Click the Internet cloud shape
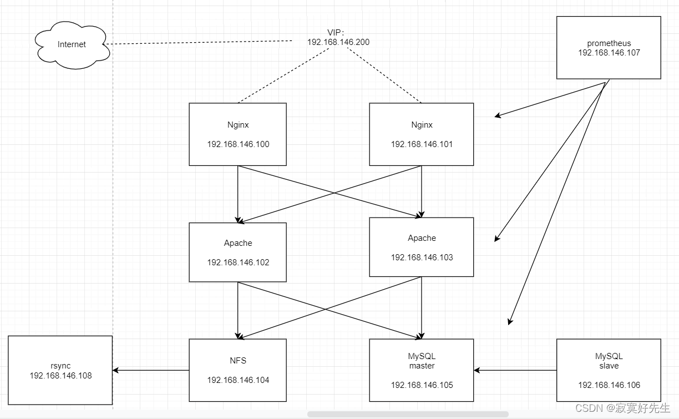tap(72, 45)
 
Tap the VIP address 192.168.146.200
tap(338, 42)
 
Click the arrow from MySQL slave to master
tap(515, 370)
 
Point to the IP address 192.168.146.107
tap(609, 53)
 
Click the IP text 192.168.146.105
tap(422, 385)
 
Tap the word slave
tap(609, 366)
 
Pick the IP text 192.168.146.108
tap(60, 376)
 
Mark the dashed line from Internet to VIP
tap(200, 42)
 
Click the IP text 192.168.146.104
tap(238, 380)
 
